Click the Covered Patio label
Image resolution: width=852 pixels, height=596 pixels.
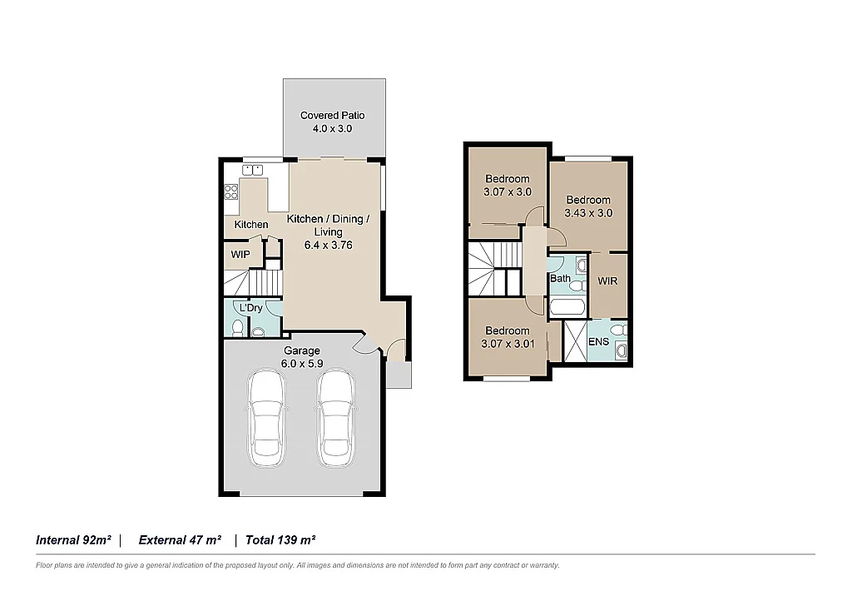point(333,122)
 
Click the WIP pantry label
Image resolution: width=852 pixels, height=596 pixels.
point(240,254)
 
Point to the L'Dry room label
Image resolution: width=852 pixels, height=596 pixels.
point(250,308)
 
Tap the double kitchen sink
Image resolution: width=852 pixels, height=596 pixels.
point(252,170)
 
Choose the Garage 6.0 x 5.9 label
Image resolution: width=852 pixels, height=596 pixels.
point(302,356)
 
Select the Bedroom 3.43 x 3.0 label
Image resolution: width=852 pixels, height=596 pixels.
point(588,206)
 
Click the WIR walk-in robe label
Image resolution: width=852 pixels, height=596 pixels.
point(607,281)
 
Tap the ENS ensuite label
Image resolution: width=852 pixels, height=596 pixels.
point(598,341)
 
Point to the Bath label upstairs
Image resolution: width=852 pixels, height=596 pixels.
point(560,278)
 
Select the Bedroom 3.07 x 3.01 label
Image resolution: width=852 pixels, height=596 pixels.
point(507,337)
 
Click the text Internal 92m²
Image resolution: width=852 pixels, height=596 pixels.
point(73,540)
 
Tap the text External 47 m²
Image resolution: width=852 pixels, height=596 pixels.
point(180,540)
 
